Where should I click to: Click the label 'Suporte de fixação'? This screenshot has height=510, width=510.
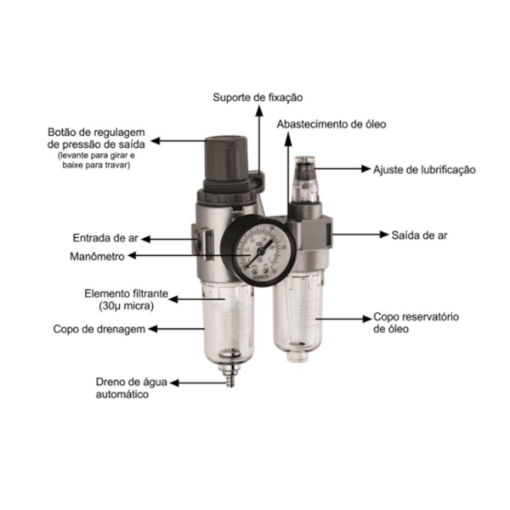pyautogui.click(x=257, y=99)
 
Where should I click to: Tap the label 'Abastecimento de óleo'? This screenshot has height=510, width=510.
pyautogui.click(x=331, y=124)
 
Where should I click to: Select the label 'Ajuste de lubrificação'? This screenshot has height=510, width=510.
pyautogui.click(x=424, y=169)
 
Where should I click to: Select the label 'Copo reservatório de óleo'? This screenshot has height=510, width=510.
pyautogui.click(x=416, y=322)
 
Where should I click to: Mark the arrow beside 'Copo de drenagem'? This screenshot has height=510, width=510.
pyautogui.click(x=166, y=328)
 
